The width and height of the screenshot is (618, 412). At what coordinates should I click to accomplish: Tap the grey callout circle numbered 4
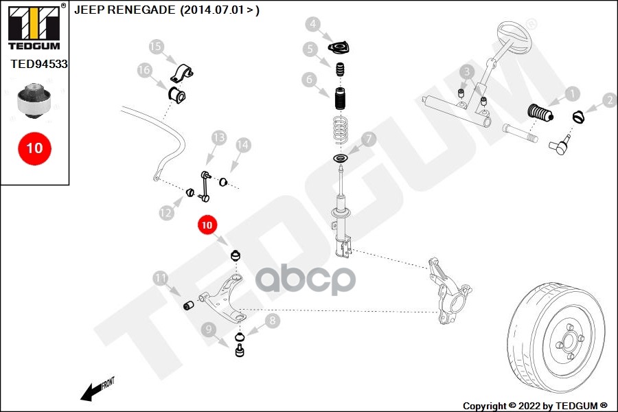(x=313, y=25)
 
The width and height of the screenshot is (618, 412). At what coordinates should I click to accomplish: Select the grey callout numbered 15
(x=157, y=47)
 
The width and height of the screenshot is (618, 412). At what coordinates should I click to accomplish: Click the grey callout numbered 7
(x=369, y=139)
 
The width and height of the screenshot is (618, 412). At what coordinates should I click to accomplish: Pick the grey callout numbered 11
(x=161, y=278)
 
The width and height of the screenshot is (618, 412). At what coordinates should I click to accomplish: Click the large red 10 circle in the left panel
(x=34, y=148)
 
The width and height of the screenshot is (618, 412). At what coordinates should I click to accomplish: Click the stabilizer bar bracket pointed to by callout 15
(x=184, y=71)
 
